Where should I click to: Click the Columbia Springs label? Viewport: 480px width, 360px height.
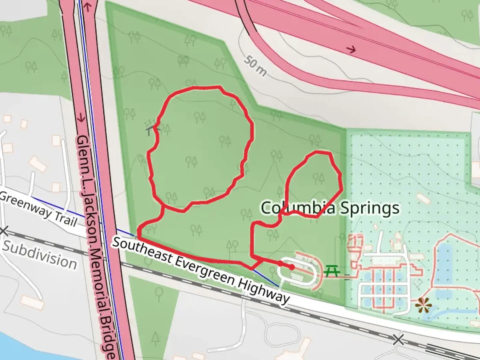pos(330,208)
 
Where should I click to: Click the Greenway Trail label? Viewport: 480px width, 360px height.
pos(38,209)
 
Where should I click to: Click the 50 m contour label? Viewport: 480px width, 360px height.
pos(255,66)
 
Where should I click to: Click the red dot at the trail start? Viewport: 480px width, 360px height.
pos(292,267)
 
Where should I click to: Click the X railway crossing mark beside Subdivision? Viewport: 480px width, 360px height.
pos(4,231)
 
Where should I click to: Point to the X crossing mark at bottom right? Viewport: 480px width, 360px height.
pos(398,340)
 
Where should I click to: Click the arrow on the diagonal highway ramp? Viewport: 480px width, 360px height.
pos(351,50)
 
